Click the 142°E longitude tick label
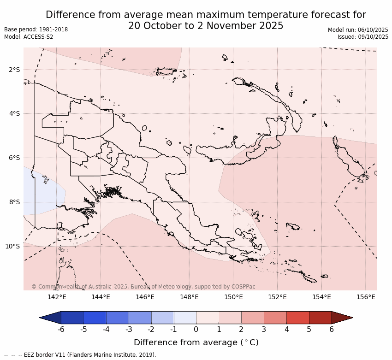57,297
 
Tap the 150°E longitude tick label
233,297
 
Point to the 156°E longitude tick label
366,297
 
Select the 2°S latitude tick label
14,70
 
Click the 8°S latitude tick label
14,202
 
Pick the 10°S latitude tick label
12,246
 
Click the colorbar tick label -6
60,330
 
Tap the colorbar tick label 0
196,330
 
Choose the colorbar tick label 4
286,330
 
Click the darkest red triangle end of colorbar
341,318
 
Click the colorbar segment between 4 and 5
297,318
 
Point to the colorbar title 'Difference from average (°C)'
196,342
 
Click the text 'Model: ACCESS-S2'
29,37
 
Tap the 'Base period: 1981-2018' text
36,30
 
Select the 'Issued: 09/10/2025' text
363,37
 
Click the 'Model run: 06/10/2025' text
358,30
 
